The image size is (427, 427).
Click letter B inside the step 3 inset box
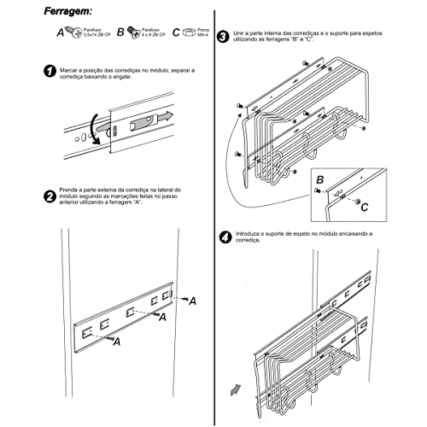tap(319, 181)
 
